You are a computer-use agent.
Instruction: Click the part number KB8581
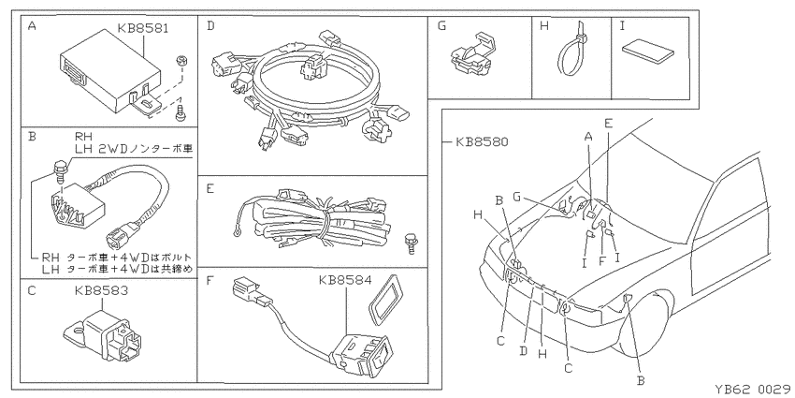click(x=143, y=28)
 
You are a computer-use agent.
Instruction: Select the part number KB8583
click(x=101, y=291)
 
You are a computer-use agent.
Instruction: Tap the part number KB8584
click(x=345, y=280)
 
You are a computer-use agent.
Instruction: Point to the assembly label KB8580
click(x=481, y=142)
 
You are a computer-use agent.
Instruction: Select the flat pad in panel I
click(x=648, y=52)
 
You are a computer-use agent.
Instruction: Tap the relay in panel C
click(x=104, y=333)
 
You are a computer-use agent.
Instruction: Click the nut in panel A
click(x=181, y=60)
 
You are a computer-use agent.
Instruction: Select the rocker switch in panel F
click(x=362, y=354)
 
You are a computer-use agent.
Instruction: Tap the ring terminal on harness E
click(x=236, y=233)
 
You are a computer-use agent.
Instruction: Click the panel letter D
click(x=210, y=26)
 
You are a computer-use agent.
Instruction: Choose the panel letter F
click(x=210, y=280)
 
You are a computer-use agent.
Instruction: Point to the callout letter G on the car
click(x=516, y=197)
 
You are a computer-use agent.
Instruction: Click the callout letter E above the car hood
click(x=609, y=123)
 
